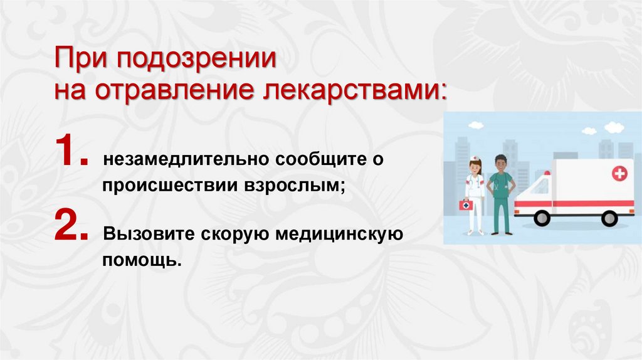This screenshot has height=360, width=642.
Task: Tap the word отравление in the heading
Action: (x=174, y=91)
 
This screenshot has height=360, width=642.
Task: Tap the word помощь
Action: (x=142, y=258)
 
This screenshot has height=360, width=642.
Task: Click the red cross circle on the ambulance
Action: (x=619, y=174)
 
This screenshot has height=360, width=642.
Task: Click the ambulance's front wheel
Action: (x=542, y=218)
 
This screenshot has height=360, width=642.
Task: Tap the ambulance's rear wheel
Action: (x=609, y=218)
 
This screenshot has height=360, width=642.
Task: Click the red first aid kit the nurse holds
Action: (x=466, y=205)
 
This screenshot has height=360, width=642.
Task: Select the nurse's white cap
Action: (x=475, y=159)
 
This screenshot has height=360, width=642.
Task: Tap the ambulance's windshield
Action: (x=540, y=186)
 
